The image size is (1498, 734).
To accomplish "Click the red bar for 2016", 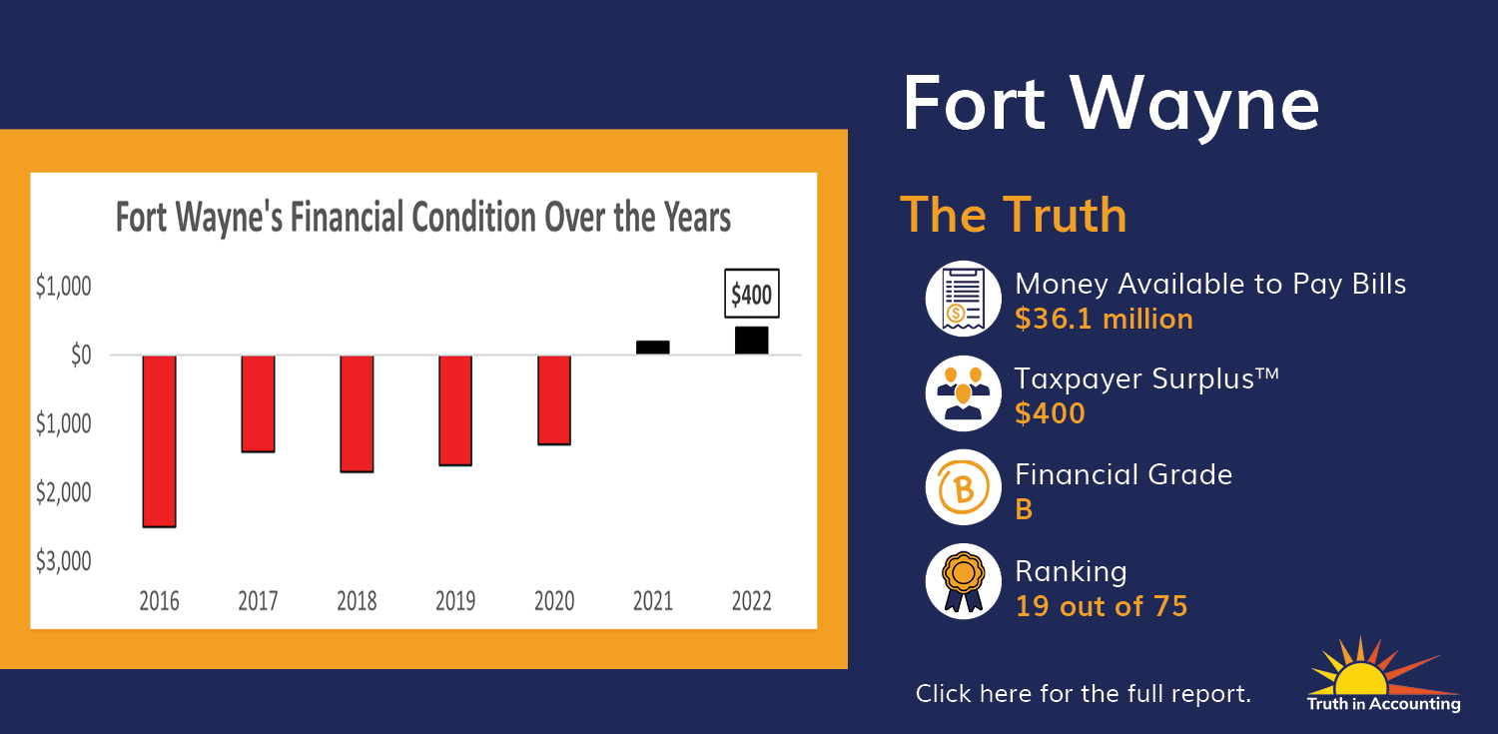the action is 159,441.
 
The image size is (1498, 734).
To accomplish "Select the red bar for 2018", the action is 357,413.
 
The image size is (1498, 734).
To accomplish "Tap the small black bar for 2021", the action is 653,347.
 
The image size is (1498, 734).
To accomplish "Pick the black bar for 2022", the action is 752,341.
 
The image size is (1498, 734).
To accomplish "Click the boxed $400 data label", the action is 752,294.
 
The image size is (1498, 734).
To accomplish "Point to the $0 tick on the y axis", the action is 81,355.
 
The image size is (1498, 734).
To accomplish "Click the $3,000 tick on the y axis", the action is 64,561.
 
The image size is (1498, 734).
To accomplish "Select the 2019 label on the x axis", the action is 455,600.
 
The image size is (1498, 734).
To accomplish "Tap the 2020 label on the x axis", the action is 554,600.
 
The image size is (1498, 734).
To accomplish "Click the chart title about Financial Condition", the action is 423,217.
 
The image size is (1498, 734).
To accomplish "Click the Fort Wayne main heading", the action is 1111,104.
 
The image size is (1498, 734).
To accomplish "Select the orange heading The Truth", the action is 1014,215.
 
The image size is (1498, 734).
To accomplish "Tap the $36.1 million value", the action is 1104,319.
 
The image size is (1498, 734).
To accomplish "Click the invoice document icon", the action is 963,299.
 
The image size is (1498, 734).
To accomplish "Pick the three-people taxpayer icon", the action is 963,393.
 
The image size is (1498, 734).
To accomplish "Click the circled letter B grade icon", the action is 963,487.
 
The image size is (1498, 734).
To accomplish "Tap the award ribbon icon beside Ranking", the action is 963,581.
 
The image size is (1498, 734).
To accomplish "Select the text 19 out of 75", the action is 1102,605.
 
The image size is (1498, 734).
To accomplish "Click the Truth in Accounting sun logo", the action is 1383,674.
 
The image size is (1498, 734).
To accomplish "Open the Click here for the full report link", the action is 1083,693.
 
